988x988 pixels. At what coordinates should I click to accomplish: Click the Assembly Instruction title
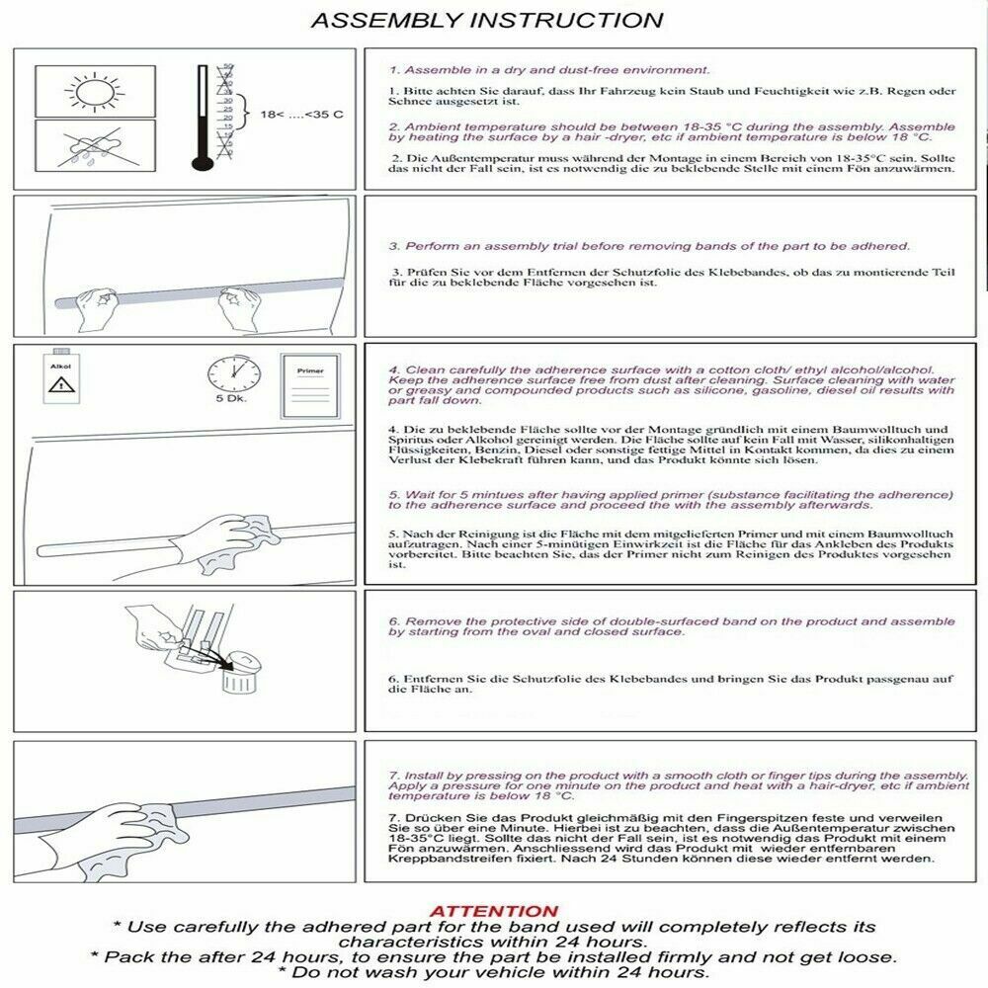click(487, 20)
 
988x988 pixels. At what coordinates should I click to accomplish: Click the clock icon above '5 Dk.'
click(234, 376)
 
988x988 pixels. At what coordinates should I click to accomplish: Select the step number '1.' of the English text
click(392, 71)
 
